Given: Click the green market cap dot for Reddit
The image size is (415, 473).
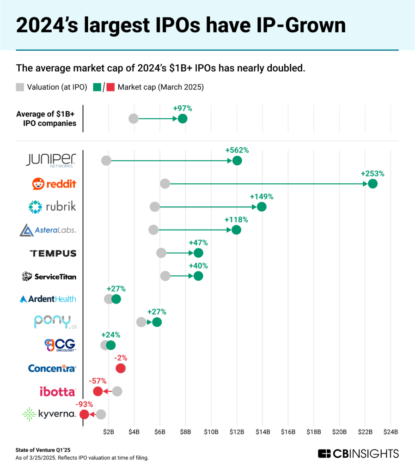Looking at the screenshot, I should click(x=373, y=184).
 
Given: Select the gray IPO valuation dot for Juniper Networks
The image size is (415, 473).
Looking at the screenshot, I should click(x=106, y=161).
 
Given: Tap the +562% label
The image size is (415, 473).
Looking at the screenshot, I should click(x=237, y=150).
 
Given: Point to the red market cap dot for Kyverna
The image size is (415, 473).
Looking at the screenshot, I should click(x=84, y=414).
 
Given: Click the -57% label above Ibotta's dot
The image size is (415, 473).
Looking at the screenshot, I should click(x=98, y=381).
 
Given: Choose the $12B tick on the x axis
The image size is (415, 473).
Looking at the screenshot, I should click(x=237, y=431).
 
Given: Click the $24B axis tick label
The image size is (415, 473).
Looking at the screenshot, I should click(x=391, y=431).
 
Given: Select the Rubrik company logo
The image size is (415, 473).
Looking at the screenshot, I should click(x=52, y=207).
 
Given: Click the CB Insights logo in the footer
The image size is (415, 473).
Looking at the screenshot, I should click(x=358, y=453).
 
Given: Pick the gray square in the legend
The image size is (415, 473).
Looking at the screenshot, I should click(x=20, y=87).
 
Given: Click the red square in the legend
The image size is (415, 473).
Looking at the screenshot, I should click(x=111, y=87).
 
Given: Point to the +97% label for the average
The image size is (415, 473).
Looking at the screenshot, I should click(x=183, y=109).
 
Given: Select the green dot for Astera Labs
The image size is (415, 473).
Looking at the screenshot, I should click(x=236, y=230).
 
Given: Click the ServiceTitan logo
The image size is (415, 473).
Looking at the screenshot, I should click(x=49, y=276).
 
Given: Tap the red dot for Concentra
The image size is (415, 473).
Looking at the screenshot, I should click(x=121, y=368).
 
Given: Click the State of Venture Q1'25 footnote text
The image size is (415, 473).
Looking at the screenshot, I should click(x=43, y=449).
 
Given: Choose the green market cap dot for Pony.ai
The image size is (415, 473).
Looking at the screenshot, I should click(x=157, y=322).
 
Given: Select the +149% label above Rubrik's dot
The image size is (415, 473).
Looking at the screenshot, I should click(x=262, y=196).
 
